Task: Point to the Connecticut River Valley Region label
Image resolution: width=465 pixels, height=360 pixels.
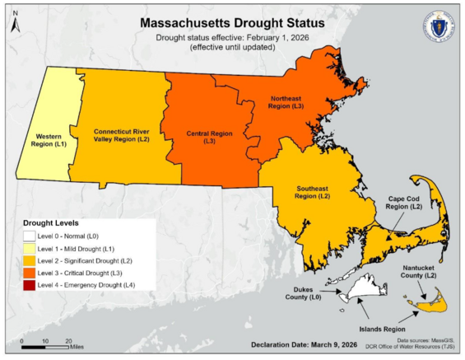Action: (121, 135)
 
